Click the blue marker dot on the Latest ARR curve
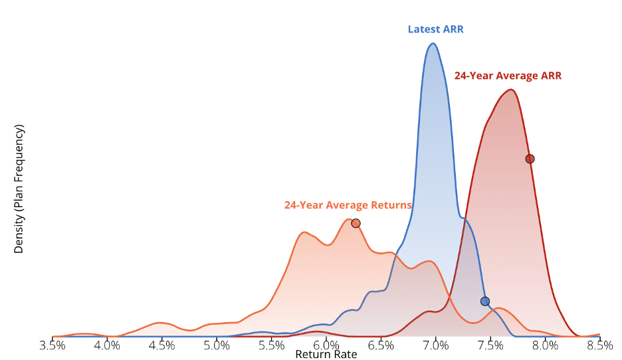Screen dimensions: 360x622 pyautogui.click(x=485, y=302)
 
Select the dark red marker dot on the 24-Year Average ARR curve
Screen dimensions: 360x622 pyautogui.click(x=530, y=159)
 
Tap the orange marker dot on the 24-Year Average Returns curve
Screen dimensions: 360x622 pyautogui.click(x=356, y=223)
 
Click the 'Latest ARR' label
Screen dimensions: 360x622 pyautogui.click(x=436, y=29)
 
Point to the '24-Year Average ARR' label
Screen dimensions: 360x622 pyautogui.click(x=508, y=76)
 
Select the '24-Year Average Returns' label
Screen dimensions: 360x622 pyautogui.click(x=348, y=205)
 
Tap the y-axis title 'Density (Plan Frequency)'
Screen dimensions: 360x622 pyautogui.click(x=19, y=189)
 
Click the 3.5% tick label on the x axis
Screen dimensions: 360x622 pyautogui.click(x=52, y=345)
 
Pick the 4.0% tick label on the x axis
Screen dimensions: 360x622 pyautogui.click(x=107, y=345)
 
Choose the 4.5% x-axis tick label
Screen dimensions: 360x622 pyautogui.click(x=161, y=345)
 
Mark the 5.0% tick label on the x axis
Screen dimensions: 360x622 pyautogui.click(x=217, y=345)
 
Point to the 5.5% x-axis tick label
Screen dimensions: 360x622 pyautogui.click(x=272, y=345)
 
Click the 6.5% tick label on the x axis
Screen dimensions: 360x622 pyautogui.click(x=381, y=345)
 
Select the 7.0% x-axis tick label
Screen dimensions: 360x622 pyautogui.click(x=436, y=345)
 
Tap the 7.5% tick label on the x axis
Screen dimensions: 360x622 pyautogui.click(x=491, y=345)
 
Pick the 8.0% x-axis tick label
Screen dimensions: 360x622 pyautogui.click(x=546, y=345)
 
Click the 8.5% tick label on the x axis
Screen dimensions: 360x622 pyautogui.click(x=600, y=345)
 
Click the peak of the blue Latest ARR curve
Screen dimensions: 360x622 pyautogui.click(x=433, y=44)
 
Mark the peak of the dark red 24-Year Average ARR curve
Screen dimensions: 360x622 pyautogui.click(x=510, y=90)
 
